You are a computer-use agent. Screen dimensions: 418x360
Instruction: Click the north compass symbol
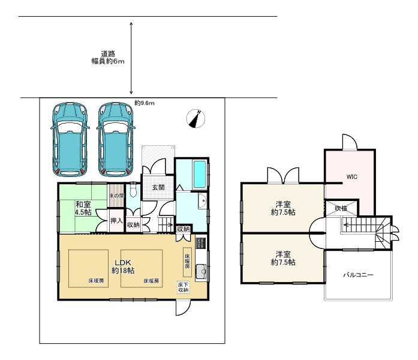(196, 119)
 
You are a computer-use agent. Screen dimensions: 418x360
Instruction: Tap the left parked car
(70, 139)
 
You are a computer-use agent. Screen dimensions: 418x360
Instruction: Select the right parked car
(116, 139)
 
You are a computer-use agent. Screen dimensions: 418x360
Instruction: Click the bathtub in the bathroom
(200, 175)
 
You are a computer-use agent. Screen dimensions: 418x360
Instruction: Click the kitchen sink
(202, 272)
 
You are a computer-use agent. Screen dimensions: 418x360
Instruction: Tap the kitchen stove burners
(201, 243)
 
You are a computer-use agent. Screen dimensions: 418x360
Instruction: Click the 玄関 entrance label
(158, 187)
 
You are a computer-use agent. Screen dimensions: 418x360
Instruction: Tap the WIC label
(351, 177)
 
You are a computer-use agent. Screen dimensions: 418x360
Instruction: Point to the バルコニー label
(358, 275)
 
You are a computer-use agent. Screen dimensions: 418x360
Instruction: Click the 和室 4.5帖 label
(83, 208)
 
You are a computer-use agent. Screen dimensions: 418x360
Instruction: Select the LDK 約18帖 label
(123, 266)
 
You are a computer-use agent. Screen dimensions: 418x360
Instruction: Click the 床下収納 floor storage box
(184, 287)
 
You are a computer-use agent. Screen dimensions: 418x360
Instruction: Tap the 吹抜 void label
(341, 208)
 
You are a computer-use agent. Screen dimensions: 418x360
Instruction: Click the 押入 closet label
(116, 221)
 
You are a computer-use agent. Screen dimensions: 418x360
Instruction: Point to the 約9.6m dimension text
(144, 103)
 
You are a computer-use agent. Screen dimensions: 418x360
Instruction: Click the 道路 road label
(108, 53)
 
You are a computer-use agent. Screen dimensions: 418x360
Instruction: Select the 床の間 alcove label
(116, 196)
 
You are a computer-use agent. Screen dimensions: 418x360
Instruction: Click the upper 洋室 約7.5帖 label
(283, 208)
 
